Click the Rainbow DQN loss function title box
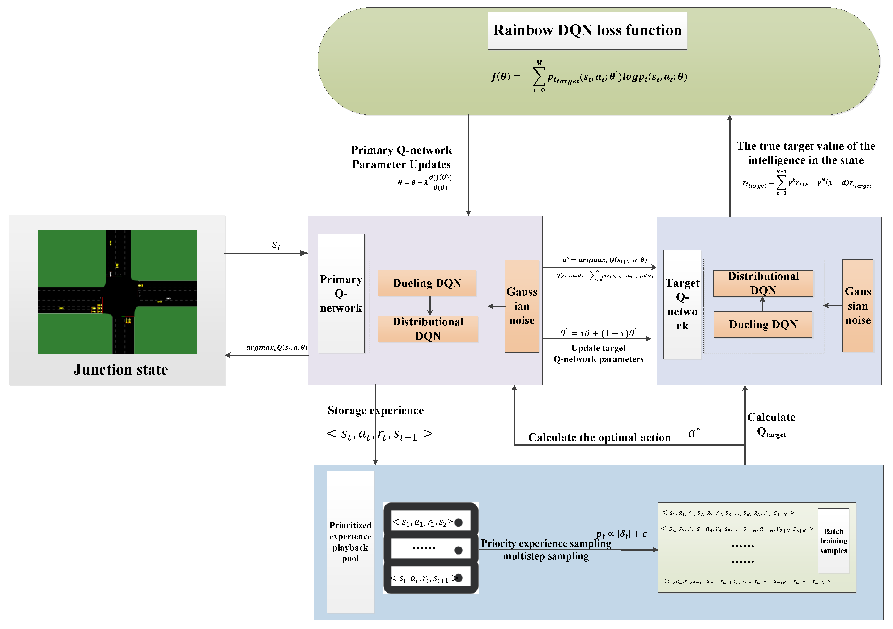point(587,30)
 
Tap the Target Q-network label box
point(682,304)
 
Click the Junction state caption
point(121,369)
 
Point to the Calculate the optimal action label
point(599,438)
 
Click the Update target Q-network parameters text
point(598,353)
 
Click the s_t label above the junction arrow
point(276,245)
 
